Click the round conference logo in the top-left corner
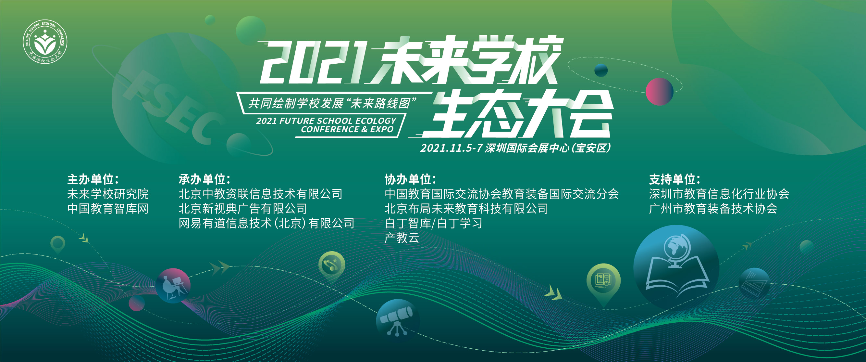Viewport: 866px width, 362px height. (45, 42)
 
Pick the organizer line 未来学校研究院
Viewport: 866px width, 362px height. (108, 194)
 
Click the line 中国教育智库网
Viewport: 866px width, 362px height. (108, 209)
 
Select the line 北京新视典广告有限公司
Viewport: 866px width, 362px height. (243, 209)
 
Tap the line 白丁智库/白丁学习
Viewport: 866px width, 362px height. (433, 223)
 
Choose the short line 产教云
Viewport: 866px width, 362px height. (402, 238)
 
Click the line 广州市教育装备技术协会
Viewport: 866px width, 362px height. (713, 209)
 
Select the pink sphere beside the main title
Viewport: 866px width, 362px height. (659, 92)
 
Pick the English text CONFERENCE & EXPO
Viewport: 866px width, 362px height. (347, 130)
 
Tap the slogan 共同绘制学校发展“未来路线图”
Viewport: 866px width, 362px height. (332, 103)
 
